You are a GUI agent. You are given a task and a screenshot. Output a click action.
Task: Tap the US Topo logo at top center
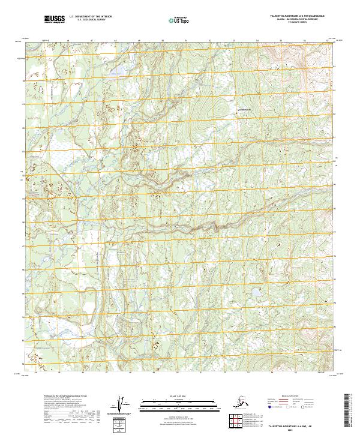[x=176, y=20]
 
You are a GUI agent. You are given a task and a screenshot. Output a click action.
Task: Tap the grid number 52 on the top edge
[x=209, y=40]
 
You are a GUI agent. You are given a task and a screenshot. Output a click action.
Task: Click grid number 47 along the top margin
[x=91, y=40]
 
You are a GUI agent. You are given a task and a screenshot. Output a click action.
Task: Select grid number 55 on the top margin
[x=281, y=40]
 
